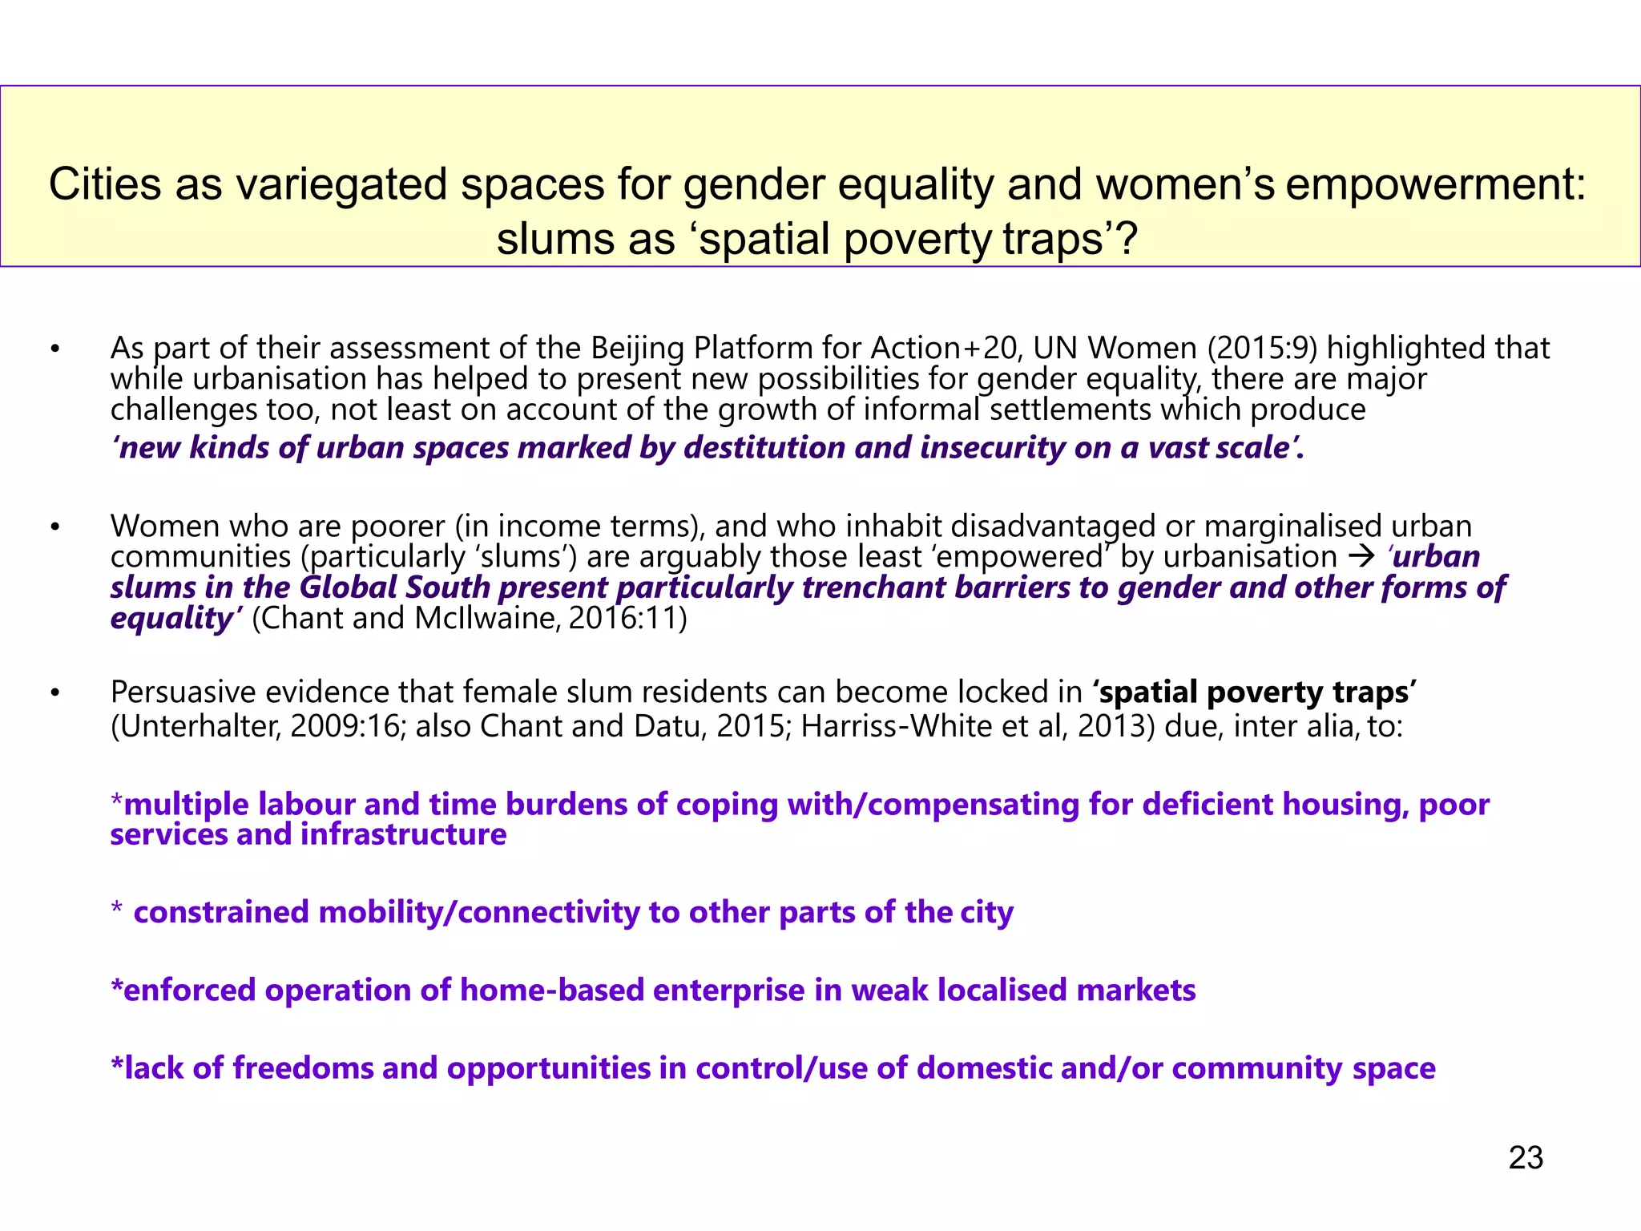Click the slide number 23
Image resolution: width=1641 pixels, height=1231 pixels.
pos(1525,1158)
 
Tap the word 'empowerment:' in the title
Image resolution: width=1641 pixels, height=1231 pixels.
pos(1436,185)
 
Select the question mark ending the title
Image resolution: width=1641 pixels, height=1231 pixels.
pos(1127,240)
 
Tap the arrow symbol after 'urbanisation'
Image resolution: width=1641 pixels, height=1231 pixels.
pos(1361,556)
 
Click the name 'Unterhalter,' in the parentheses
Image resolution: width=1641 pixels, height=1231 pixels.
pos(196,726)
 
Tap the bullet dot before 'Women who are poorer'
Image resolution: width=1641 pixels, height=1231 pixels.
pos(55,527)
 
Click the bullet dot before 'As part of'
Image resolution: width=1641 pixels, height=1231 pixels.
pos(55,349)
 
